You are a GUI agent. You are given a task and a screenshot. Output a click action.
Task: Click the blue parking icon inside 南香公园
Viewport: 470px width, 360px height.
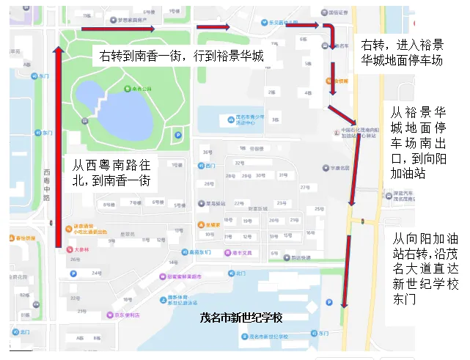(178, 135)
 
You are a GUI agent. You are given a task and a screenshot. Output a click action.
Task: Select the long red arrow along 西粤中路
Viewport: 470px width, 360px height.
(58, 147)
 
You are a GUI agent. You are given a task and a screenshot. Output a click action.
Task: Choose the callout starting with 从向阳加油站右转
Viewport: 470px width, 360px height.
(425, 269)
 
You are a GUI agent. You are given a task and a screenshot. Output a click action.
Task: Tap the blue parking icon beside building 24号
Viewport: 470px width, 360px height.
(72, 274)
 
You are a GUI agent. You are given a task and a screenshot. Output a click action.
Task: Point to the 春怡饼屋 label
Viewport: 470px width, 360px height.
(26, 238)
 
